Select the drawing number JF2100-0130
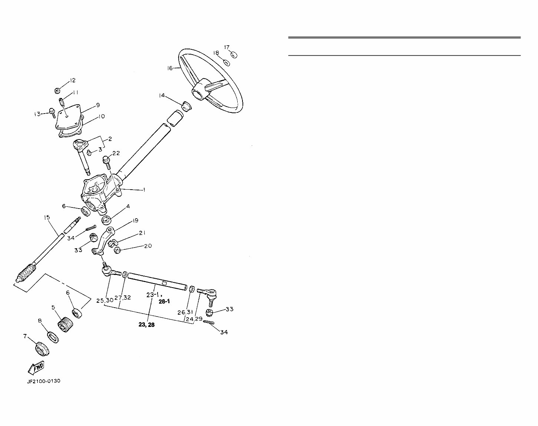point(43,381)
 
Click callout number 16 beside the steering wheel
point(170,68)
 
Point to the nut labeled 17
point(234,55)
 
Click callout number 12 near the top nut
point(72,81)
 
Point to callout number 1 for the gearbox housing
point(144,190)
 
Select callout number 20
point(148,246)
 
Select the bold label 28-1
point(164,302)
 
